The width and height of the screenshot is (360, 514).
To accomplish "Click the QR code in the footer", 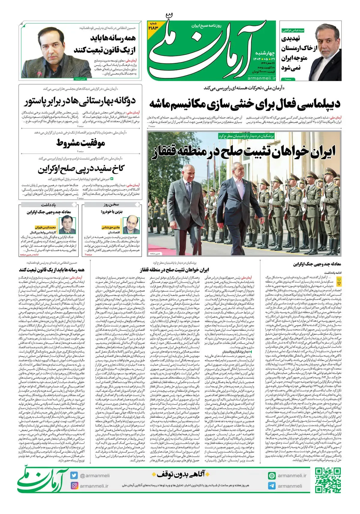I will click(328, 480).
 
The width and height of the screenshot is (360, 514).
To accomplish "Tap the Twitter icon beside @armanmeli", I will click(74, 475).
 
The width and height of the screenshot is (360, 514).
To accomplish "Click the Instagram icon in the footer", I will click(74, 486).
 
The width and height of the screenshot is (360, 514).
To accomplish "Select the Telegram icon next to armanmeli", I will click(272, 486).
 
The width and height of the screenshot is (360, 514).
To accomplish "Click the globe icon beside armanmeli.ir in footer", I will click(272, 476).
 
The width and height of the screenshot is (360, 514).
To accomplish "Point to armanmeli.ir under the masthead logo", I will click(262, 78).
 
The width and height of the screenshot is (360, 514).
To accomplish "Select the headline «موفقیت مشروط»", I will click(81, 143).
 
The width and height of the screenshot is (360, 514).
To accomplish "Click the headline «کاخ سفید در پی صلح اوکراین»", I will click(81, 169).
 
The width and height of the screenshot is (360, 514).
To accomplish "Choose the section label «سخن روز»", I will click(112, 205).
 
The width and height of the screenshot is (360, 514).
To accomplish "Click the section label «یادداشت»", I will click(48, 205).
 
